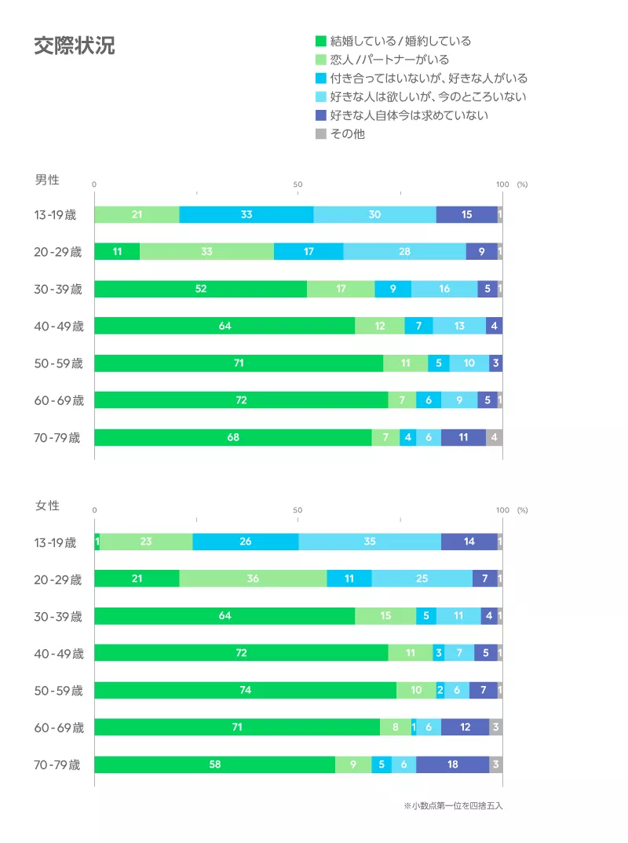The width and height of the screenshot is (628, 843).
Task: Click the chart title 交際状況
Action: pyautogui.click(x=74, y=46)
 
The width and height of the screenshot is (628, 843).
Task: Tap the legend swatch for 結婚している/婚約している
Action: pyautogui.click(x=320, y=41)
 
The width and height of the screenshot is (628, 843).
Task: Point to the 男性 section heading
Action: pyautogui.click(x=47, y=180)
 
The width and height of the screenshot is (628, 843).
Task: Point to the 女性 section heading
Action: pyautogui.click(x=47, y=505)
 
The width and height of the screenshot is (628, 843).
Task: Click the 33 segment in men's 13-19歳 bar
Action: pyautogui.click(x=246, y=215)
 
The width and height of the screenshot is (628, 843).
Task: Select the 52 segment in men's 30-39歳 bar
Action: pyautogui.click(x=201, y=289)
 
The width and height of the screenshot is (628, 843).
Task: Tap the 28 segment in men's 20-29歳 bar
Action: pyautogui.click(x=404, y=252)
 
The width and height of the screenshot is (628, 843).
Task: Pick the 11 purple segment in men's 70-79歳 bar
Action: pyautogui.click(x=463, y=437)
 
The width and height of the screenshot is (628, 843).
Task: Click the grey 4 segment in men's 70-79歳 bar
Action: pyautogui.click(x=494, y=437)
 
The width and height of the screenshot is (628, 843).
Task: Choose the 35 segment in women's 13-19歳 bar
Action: pyautogui.click(x=370, y=542)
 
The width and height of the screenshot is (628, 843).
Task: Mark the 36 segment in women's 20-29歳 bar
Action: pyautogui.click(x=253, y=578)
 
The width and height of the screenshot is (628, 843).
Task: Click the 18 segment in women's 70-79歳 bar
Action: pyautogui.click(x=453, y=765)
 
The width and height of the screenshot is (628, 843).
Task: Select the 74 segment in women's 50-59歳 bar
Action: pyautogui.click(x=245, y=691)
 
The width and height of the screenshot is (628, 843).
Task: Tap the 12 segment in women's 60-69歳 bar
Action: pyautogui.click(x=465, y=728)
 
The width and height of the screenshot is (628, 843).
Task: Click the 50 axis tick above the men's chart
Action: pyautogui.click(x=298, y=184)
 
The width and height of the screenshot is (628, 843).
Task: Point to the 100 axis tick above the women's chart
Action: pyautogui.click(x=502, y=510)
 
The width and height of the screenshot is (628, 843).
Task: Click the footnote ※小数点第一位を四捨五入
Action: pyautogui.click(x=453, y=806)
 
